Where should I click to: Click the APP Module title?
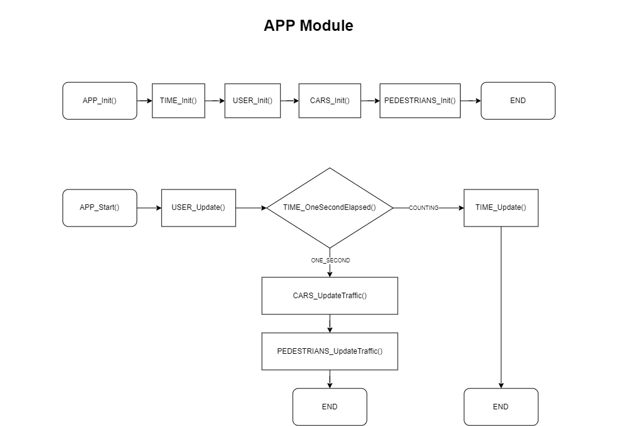click(308, 26)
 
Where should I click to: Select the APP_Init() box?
click(99, 101)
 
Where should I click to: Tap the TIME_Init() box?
click(178, 101)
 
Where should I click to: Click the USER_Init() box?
click(253, 101)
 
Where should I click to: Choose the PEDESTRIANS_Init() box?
click(420, 101)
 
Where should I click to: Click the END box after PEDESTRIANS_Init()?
click(517, 101)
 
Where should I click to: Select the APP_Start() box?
click(99, 207)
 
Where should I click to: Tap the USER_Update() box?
click(198, 207)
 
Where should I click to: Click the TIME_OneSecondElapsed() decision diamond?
click(330, 207)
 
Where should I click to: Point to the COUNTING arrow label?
click(424, 208)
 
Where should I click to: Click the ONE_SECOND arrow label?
click(330, 261)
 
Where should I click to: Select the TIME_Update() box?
click(501, 207)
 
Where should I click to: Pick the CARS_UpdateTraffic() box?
click(330, 296)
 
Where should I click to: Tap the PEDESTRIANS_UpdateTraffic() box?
click(330, 351)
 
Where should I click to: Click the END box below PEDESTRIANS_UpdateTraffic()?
click(330, 407)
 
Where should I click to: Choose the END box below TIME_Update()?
click(501, 407)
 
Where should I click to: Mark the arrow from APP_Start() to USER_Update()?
click(149, 208)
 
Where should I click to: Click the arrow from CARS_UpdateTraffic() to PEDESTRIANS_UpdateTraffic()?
click(330, 324)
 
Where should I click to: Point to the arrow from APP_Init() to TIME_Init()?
click(144, 101)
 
